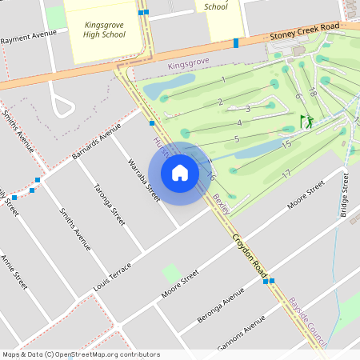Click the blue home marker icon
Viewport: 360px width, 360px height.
[180, 172]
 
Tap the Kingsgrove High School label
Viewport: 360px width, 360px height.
[105, 30]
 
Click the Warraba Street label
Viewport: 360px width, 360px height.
[144, 180]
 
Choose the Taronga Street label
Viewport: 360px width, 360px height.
[110, 205]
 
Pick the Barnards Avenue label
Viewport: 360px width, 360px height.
[94, 141]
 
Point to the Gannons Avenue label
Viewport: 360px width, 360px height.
[241, 333]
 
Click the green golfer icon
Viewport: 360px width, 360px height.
[306, 122]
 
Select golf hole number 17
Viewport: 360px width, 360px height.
[286, 174]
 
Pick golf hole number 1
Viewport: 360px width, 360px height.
[223, 79]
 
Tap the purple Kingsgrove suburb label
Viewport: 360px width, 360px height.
[188, 63]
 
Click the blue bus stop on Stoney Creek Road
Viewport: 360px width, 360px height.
[236, 42]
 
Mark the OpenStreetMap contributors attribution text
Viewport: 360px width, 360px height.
[80, 354]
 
